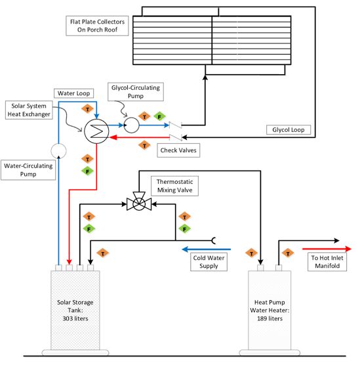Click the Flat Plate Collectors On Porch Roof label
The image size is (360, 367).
tap(97, 26)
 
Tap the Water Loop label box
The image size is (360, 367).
tap(74, 93)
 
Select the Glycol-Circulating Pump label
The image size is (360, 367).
tap(136, 92)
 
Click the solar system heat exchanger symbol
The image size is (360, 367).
tap(96, 131)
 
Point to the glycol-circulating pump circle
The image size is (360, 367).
tap(131, 125)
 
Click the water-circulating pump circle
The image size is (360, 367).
tap(58, 151)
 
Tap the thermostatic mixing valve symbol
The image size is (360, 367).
tap(139, 202)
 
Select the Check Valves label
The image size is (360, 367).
tap(178, 150)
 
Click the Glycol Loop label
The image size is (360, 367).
tap(289, 130)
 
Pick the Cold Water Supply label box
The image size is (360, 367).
tap(209, 262)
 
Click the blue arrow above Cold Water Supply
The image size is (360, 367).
tap(206, 249)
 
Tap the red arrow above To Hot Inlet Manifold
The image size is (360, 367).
tap(327, 249)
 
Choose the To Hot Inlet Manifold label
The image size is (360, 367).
tap(327, 262)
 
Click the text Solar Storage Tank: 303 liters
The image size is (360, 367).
tap(75, 311)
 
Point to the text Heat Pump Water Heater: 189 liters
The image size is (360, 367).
tap(270, 311)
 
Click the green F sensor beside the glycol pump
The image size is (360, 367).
tap(159, 117)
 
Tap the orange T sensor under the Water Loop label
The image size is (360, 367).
tap(87, 109)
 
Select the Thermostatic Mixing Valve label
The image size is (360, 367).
tap(175, 186)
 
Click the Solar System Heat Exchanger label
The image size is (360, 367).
tap(29, 110)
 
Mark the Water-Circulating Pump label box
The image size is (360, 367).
tap(28, 170)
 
